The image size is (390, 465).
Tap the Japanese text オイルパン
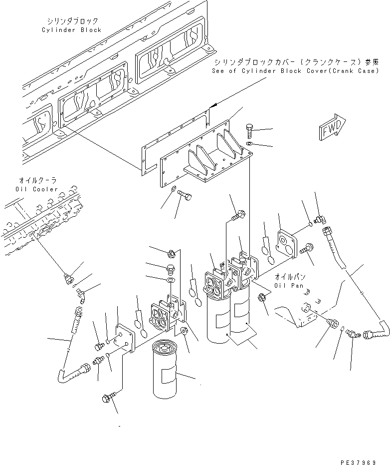(x=291, y=277)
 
